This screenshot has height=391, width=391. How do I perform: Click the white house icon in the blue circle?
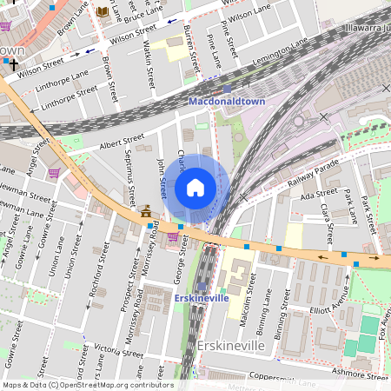[x=195, y=188]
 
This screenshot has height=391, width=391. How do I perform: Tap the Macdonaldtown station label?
[x=227, y=102]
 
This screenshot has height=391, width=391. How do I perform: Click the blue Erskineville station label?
[x=202, y=298]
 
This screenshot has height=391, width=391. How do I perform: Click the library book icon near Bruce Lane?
[x=103, y=11]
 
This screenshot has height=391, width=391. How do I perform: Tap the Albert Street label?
[x=121, y=142]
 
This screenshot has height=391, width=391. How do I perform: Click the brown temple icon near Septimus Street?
[x=145, y=211]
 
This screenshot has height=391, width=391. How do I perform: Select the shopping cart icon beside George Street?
[x=173, y=235]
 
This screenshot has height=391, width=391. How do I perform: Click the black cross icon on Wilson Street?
[x=13, y=64]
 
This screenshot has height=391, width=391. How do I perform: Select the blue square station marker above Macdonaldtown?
[x=227, y=89]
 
